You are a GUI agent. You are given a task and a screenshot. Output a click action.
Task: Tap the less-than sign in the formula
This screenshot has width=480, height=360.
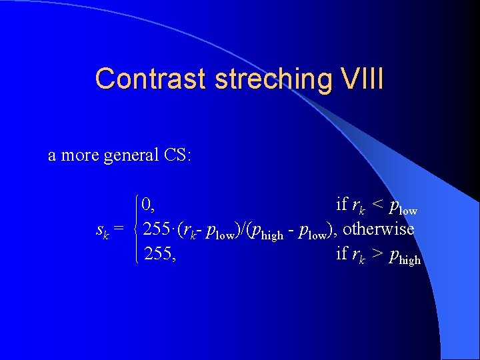(x=377, y=205)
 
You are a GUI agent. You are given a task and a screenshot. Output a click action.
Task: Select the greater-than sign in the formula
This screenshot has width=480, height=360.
(x=377, y=254)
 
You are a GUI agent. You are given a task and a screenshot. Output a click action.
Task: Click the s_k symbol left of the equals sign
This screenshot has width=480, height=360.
(x=103, y=231)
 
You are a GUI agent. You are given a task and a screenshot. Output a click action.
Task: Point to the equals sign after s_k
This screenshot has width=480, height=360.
(x=118, y=230)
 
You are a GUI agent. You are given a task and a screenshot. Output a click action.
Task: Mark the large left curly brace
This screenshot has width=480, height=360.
(x=136, y=229)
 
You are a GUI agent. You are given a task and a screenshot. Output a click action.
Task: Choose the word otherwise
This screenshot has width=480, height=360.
(x=378, y=229)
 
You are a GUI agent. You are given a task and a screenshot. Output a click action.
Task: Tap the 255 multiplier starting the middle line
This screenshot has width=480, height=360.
(x=157, y=229)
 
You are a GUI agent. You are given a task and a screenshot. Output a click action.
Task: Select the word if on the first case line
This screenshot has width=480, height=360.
(x=341, y=203)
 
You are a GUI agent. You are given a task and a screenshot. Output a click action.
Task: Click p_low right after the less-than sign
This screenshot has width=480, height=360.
(x=403, y=207)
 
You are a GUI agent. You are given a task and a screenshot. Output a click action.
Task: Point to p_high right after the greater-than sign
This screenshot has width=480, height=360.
(x=404, y=257)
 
